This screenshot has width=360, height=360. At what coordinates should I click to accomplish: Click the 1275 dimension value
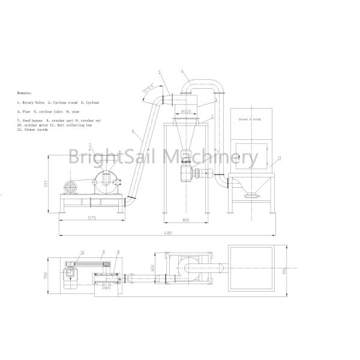[91, 217]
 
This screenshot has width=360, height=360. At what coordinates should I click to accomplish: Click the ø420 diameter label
[186, 111]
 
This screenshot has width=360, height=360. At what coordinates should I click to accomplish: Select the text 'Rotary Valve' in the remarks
[33, 103]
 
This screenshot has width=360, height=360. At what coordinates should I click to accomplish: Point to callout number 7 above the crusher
[89, 146]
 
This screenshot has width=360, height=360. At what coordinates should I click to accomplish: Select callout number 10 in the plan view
[82, 252]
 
